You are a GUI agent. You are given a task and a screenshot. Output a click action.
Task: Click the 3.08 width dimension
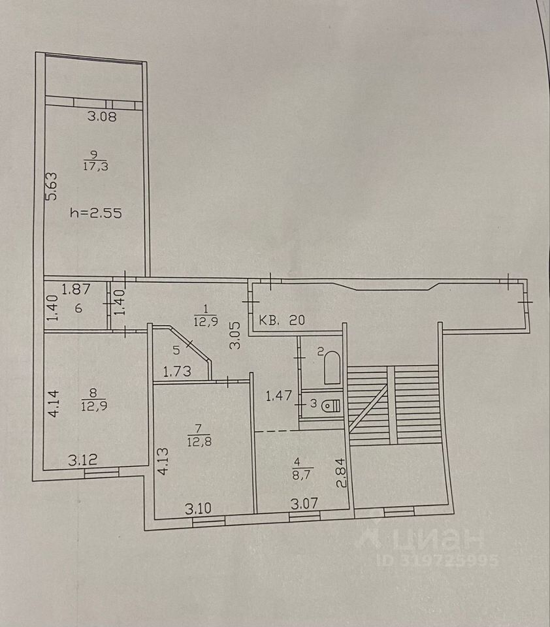tap(101, 118)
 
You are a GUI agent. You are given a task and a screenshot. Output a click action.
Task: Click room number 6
tap(78, 308)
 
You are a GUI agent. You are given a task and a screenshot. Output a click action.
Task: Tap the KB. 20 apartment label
tap(282, 321)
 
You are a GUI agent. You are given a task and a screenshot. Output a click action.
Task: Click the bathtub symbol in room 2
tap(331, 368)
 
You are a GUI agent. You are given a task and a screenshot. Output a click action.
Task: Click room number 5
tap(174, 349)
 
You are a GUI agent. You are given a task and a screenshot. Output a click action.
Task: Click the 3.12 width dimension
tap(83, 460)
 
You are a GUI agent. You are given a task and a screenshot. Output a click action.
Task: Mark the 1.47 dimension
tap(278, 395)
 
